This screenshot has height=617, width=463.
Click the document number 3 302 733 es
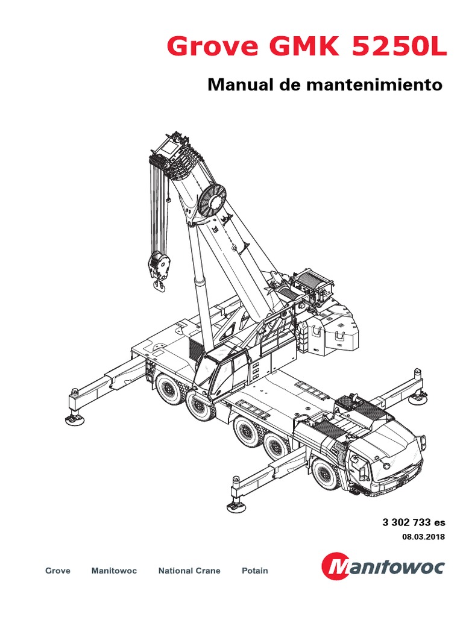coord(414,522)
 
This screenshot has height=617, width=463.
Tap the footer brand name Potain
coord(254,571)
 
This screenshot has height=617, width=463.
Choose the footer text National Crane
coord(189,571)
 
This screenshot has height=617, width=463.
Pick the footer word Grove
coord(58,571)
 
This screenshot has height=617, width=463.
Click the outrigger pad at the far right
coord(415,397)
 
